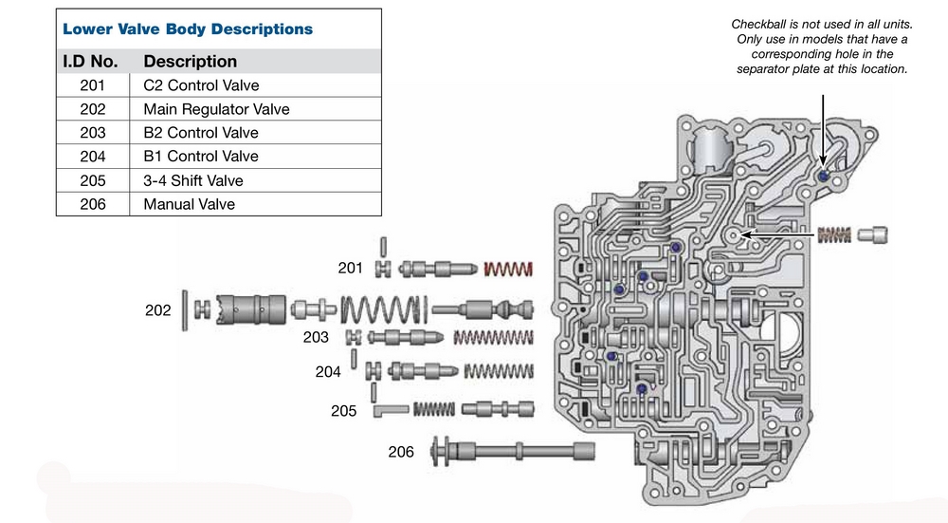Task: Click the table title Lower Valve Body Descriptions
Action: tap(187, 28)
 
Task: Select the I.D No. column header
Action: tap(90, 62)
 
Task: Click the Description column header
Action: tap(190, 62)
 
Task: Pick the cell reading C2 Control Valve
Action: tap(201, 85)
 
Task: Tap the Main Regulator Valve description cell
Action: tap(216, 109)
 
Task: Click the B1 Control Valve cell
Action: tap(201, 157)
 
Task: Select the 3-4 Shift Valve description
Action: tap(193, 180)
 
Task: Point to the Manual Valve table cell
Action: tap(189, 204)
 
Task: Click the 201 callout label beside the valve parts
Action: tap(351, 269)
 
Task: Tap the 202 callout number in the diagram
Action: tap(158, 310)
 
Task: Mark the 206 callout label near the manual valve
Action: tap(401, 452)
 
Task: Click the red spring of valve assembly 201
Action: tap(502, 270)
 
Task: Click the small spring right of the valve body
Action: tap(836, 233)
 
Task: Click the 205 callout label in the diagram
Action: tap(344, 411)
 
